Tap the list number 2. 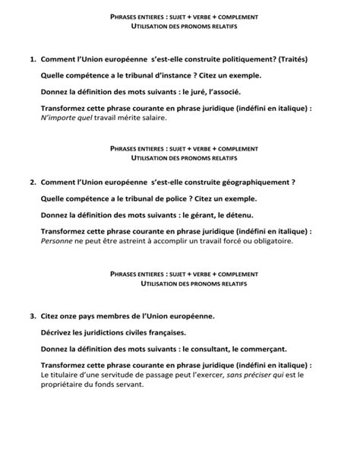[32, 183]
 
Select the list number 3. [32, 315]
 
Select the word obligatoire [267, 242]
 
